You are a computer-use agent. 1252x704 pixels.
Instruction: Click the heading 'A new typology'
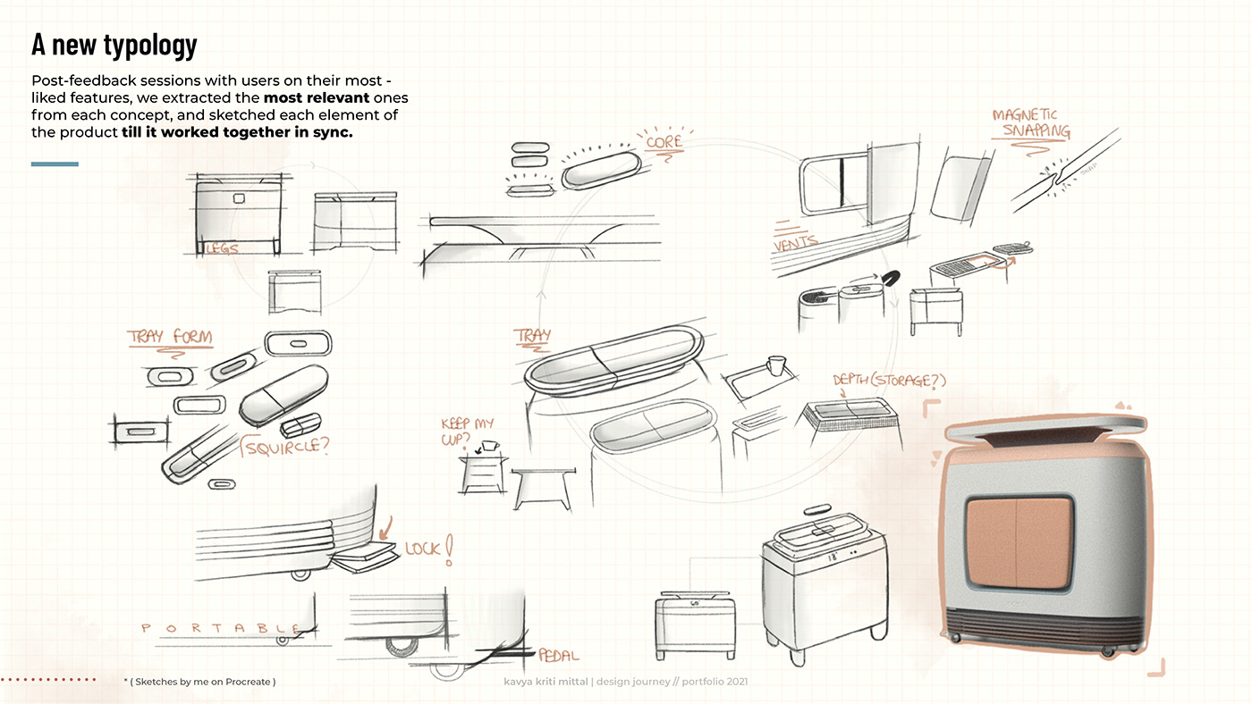(114, 44)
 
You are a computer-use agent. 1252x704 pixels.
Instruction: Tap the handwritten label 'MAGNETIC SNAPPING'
(1030, 123)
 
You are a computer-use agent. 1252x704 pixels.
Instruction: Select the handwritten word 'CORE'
(664, 141)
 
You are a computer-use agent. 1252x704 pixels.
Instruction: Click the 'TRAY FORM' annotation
(170, 337)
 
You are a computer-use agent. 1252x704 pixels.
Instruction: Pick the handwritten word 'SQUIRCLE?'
(284, 444)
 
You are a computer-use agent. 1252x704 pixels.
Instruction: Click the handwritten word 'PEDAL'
(558, 656)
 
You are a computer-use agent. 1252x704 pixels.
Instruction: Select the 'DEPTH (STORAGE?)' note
(889, 381)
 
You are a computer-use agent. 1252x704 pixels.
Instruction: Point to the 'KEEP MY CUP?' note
(467, 432)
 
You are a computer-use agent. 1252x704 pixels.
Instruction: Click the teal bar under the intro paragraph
(55, 163)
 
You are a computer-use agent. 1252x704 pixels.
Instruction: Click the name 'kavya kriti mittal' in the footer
(546, 682)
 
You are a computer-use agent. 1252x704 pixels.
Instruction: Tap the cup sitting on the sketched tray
(775, 365)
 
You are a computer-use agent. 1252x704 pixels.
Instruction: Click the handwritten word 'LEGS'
(222, 248)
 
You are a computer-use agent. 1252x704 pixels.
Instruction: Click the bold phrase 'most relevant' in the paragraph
(316, 96)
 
